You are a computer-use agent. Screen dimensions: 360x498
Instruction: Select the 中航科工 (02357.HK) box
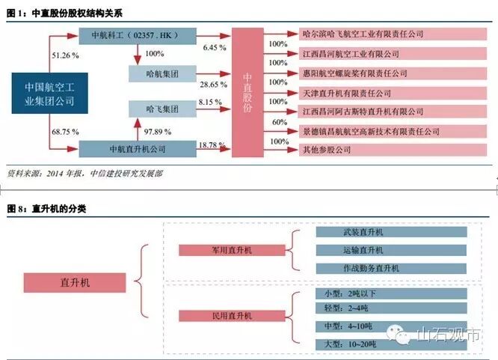(x=138, y=35)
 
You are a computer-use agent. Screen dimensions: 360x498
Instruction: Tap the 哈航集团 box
(x=162, y=73)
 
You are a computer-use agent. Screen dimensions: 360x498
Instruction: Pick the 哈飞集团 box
(x=162, y=109)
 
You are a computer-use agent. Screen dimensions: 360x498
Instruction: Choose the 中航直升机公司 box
(x=137, y=147)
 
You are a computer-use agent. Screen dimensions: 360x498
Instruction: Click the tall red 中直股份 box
(x=248, y=91)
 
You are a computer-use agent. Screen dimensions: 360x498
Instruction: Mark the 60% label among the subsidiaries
(x=279, y=121)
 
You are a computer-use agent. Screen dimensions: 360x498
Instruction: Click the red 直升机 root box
(x=75, y=282)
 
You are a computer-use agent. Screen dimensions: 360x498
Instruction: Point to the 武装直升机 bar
(x=391, y=233)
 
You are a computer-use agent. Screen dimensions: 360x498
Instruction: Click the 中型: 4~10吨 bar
(x=391, y=326)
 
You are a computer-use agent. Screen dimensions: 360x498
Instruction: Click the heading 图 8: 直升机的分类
(x=46, y=209)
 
